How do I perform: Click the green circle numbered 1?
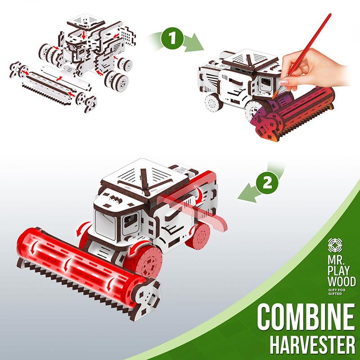click(x=172, y=38)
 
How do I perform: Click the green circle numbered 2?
click(x=267, y=184)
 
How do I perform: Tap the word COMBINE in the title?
click(x=306, y=317)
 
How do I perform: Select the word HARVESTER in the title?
click(x=312, y=344)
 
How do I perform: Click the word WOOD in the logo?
click(x=342, y=281)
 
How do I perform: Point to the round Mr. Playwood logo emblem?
click(x=335, y=245)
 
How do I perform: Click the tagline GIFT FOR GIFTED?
click(x=337, y=292)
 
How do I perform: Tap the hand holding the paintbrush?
click(x=312, y=69)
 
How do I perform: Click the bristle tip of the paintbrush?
click(x=274, y=95)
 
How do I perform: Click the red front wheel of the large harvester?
click(x=144, y=261)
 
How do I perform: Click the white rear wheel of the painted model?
click(x=213, y=103)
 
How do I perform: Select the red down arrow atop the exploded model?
click(x=84, y=35)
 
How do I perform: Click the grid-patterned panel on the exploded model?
click(x=128, y=36)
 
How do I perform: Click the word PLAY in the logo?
click(x=338, y=271)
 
